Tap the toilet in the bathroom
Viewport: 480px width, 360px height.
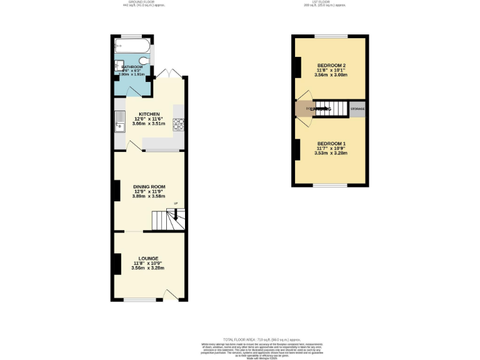coord(144,61)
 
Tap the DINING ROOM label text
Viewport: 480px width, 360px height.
coord(149,186)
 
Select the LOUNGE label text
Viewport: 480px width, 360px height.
coord(148,258)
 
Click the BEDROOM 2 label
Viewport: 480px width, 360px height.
coord(331,66)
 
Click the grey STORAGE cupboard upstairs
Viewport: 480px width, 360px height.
coord(357,109)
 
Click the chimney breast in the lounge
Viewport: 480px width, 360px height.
coord(117,264)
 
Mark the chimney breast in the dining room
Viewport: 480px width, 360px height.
coord(117,191)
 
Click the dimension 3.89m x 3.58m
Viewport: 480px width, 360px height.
coord(149,196)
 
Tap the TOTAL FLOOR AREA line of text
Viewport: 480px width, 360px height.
coord(240,339)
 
